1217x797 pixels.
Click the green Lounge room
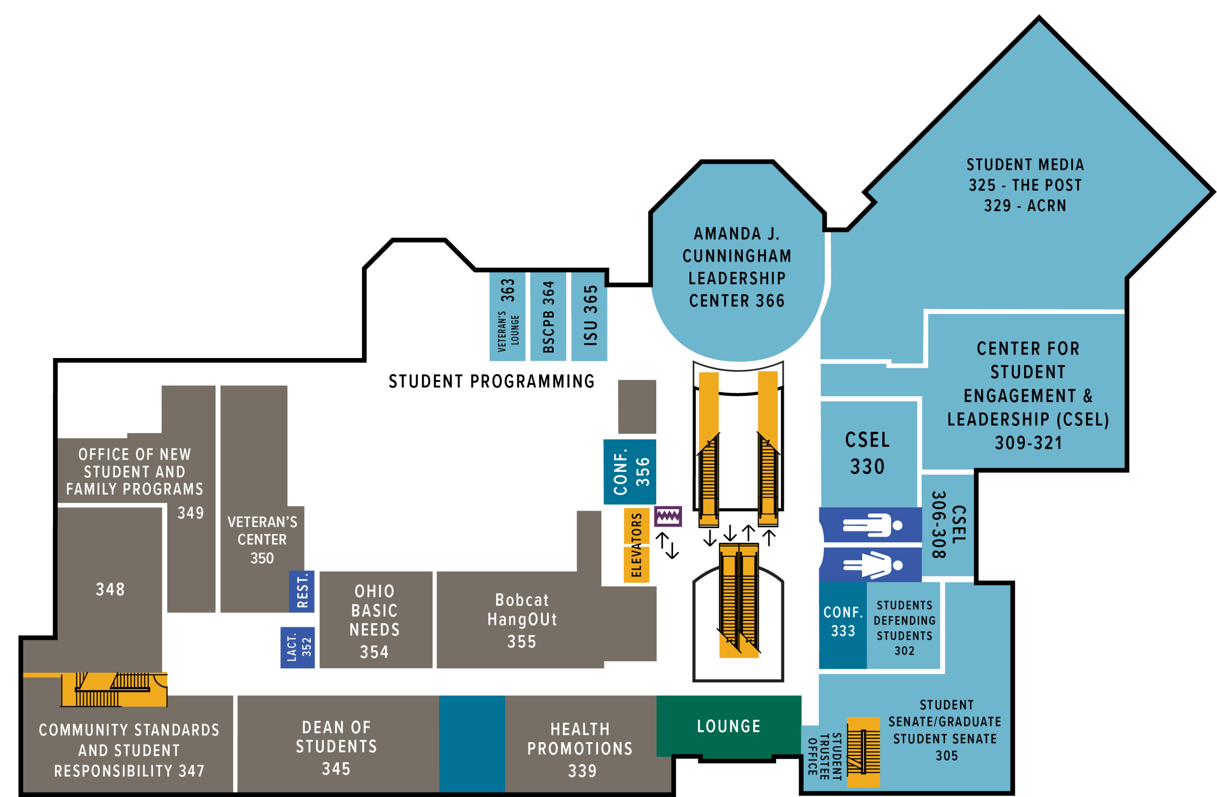point(728,726)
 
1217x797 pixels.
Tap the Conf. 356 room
point(630,471)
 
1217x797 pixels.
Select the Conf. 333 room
point(842,622)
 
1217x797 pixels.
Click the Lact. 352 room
point(298,647)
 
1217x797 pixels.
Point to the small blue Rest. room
point(302,592)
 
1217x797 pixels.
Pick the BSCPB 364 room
point(548,317)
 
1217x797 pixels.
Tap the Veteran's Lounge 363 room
point(507,317)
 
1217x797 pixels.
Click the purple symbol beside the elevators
point(668,516)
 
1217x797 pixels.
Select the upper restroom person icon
point(872,525)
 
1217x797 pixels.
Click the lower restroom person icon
point(872,565)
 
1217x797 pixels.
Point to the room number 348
point(110,589)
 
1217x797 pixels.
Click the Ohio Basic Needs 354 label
point(375,621)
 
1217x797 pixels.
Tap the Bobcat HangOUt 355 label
point(521,621)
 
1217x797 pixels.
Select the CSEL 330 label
point(867,453)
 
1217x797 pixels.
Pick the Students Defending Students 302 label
point(904,628)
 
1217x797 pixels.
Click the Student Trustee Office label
point(824,757)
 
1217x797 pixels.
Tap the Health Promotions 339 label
point(580,749)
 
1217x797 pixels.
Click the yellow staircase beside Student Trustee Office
point(863,752)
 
